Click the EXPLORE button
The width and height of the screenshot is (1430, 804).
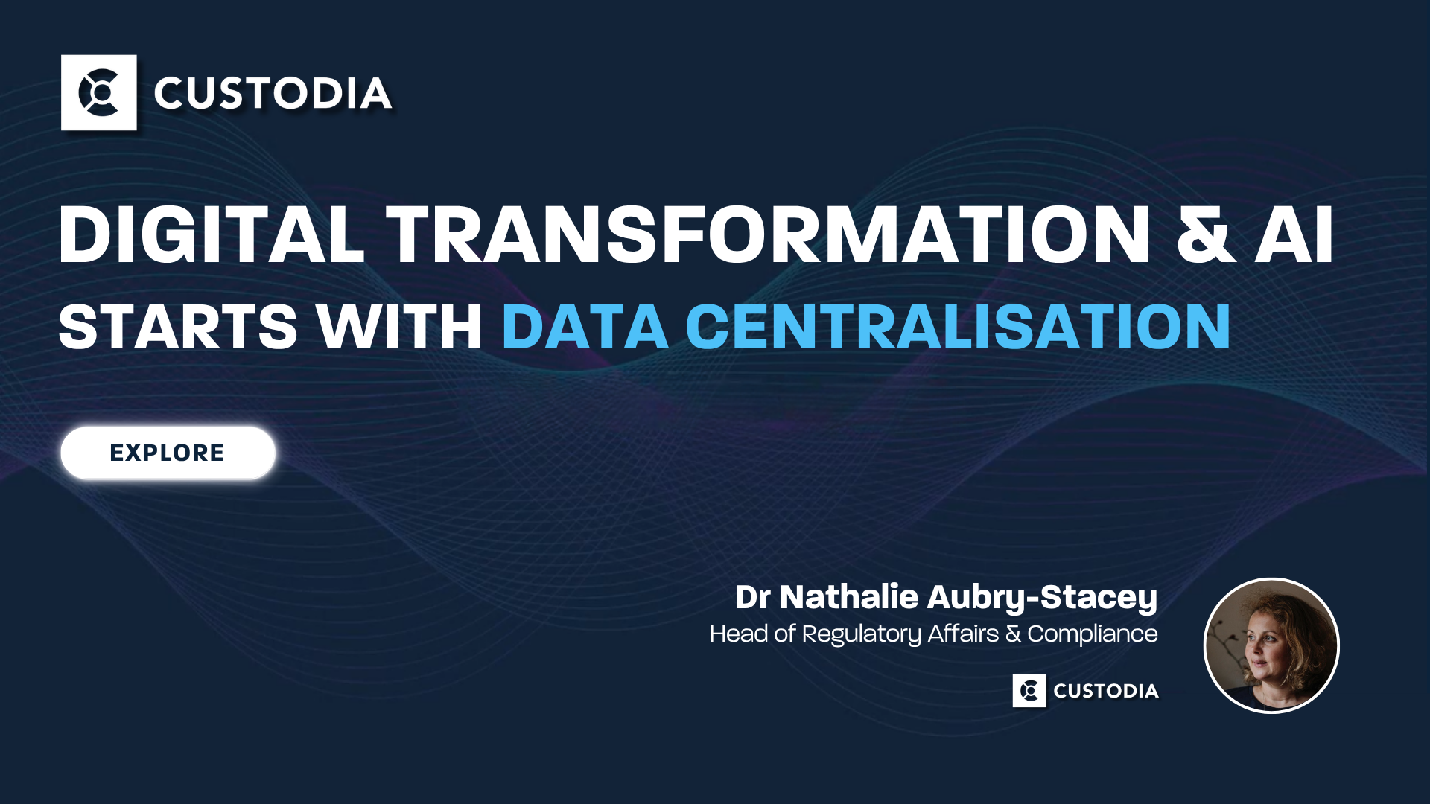click(168, 453)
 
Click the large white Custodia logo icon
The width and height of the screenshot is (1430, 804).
click(99, 93)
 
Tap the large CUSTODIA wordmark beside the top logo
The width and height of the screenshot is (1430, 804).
click(273, 94)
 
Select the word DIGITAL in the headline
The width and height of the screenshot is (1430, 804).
click(212, 234)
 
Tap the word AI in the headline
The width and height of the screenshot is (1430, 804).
click(1294, 234)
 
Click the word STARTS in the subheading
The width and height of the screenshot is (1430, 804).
click(178, 327)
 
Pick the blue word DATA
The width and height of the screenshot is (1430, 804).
click(585, 327)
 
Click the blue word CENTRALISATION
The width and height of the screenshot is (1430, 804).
click(958, 327)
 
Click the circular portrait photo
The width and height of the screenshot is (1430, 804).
click(1271, 645)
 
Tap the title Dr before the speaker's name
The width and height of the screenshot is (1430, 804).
click(752, 597)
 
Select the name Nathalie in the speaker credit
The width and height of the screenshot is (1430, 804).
click(849, 597)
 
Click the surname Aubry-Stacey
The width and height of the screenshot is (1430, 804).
click(1042, 597)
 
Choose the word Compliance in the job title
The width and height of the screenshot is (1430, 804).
click(1093, 634)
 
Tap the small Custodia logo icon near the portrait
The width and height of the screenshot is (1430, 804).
click(1029, 691)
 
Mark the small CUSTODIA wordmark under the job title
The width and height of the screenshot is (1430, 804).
click(1106, 691)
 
